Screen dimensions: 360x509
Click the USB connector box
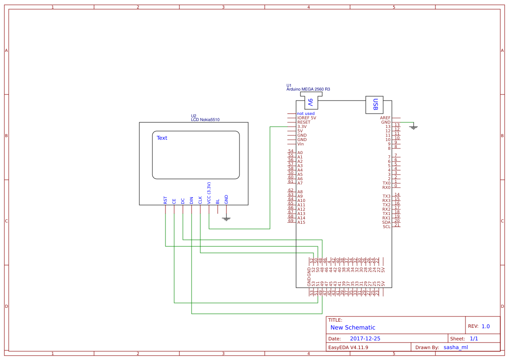[374, 105]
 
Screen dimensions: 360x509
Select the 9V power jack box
[311, 102]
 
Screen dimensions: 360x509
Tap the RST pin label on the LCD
[165, 200]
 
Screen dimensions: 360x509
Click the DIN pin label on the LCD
[192, 200]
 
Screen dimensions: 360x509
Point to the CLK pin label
[200, 200]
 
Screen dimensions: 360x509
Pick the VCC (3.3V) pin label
[209, 193]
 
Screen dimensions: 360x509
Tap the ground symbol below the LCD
[226, 219]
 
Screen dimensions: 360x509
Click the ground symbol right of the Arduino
[414, 127]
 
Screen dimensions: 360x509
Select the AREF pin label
[385, 118]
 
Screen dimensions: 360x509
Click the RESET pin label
[303, 122]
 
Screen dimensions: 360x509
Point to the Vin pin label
[300, 144]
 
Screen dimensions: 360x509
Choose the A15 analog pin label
[301, 222]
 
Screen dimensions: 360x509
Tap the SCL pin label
[386, 227]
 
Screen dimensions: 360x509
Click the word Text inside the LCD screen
[162, 138]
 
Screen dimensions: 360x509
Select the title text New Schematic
[353, 327]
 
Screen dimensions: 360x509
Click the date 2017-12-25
[365, 339]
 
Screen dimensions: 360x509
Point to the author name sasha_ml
[455, 347]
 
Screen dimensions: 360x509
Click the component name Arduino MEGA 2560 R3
[308, 89]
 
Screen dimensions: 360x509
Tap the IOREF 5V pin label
[307, 118]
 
